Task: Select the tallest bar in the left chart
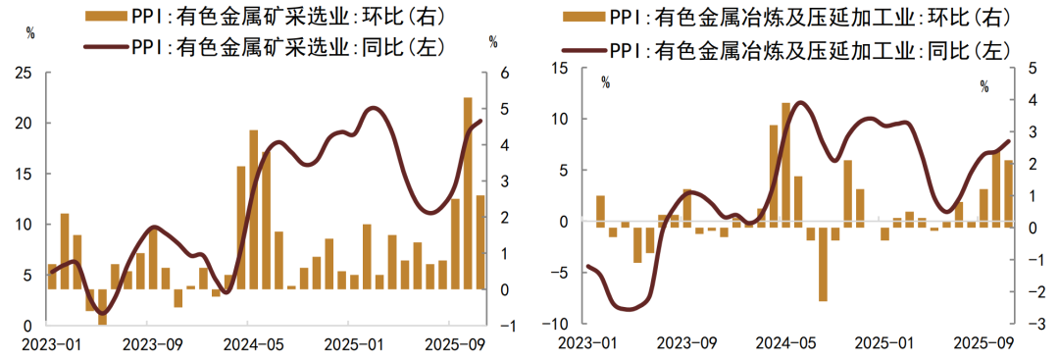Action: (x=468, y=192)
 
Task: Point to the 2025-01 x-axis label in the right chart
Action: (x=884, y=344)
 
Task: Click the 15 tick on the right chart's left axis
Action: (x=561, y=68)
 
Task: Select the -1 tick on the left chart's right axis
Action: (x=503, y=326)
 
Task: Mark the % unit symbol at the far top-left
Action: (x=30, y=34)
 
